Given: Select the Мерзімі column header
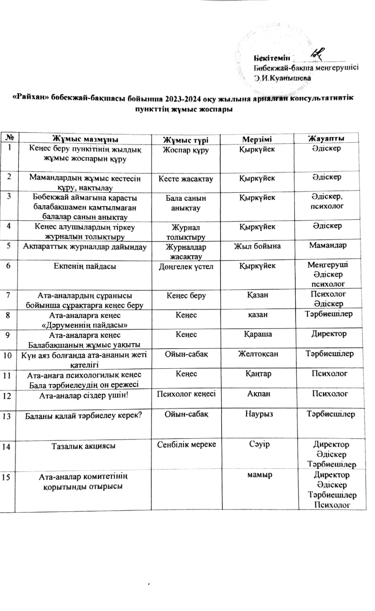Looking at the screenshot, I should (x=257, y=139).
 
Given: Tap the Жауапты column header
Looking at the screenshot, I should (x=326, y=138).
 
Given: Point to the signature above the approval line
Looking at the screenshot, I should (x=317, y=55).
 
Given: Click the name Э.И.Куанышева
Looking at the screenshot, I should (x=283, y=78).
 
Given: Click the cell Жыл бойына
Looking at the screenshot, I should (x=257, y=246).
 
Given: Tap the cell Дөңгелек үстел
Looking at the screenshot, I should (x=186, y=267).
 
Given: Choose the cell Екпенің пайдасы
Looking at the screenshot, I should (x=85, y=266).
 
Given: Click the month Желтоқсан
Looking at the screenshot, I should (x=258, y=354).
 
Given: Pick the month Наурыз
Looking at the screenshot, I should (x=259, y=414).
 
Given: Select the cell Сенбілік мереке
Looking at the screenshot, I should (x=187, y=445).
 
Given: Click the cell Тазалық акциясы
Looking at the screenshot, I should (x=83, y=446).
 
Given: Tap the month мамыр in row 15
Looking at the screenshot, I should (x=259, y=475).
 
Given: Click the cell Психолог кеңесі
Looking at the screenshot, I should (x=186, y=394).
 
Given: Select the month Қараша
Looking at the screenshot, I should (x=258, y=334).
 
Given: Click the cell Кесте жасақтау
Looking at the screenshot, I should (x=186, y=179).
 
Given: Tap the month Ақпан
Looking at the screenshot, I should (x=259, y=394).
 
